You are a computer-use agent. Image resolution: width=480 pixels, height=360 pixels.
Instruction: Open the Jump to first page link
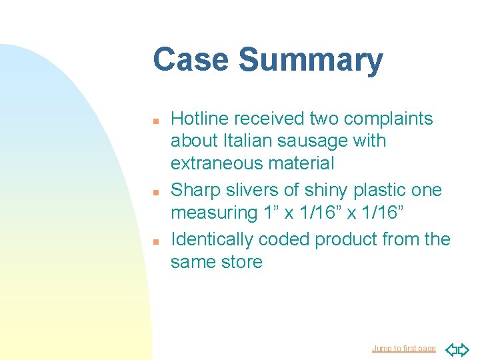pyautogui.click(x=403, y=349)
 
